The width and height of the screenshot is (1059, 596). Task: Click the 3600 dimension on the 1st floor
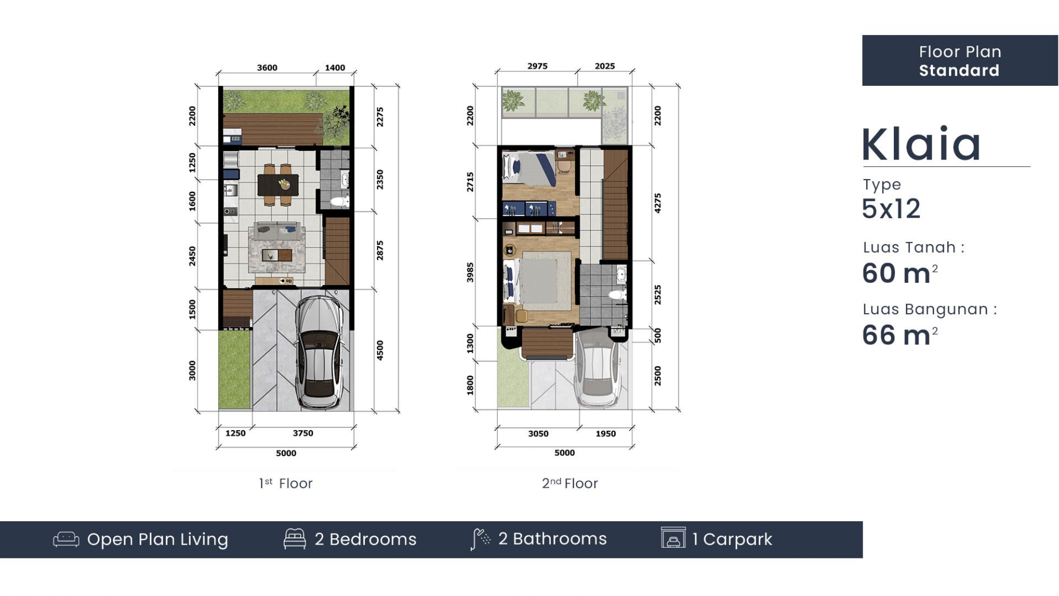[x=267, y=68]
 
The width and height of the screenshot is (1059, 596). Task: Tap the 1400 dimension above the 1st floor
[x=335, y=68]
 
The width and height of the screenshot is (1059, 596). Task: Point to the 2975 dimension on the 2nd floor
[x=537, y=66]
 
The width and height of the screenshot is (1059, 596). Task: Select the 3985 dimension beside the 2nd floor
[x=470, y=272]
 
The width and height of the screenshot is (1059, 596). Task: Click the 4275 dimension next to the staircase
[x=658, y=203]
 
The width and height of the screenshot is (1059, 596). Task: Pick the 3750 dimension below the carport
[x=303, y=433]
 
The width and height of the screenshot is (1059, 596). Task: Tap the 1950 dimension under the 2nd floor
[x=606, y=434]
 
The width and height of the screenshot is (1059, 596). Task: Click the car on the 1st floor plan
[x=319, y=352]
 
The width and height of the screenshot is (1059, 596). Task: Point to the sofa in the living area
[x=278, y=231]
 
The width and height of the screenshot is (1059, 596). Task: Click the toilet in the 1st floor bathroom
[x=339, y=201]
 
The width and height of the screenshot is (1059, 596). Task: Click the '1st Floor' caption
[x=286, y=483]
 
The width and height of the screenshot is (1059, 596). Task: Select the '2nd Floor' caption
[x=570, y=483]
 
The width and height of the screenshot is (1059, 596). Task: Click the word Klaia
[x=921, y=144]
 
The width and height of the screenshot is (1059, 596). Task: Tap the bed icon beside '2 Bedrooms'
[x=295, y=539]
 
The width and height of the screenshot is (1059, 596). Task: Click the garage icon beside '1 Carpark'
[x=673, y=538]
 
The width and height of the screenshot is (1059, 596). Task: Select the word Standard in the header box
[x=959, y=70]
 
